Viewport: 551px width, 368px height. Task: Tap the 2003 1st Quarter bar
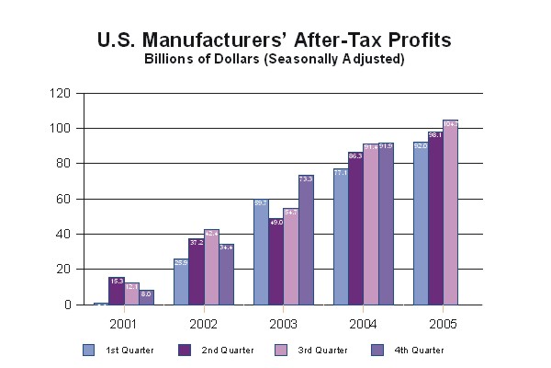click(x=261, y=253)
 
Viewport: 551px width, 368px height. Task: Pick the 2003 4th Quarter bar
click(x=306, y=240)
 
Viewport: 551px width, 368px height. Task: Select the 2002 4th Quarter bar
click(x=226, y=274)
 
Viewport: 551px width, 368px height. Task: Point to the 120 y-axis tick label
click(x=62, y=93)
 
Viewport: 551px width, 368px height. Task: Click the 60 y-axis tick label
click(x=64, y=199)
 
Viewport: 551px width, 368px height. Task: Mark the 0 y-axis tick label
click(x=67, y=305)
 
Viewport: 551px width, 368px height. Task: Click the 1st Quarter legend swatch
click(x=88, y=350)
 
